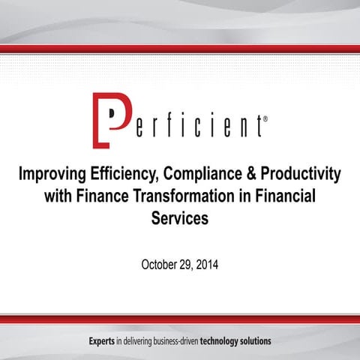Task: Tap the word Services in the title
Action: pyautogui.click(x=179, y=220)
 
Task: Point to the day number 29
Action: pyautogui.click(x=187, y=265)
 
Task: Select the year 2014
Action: pyautogui.click(x=208, y=265)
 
